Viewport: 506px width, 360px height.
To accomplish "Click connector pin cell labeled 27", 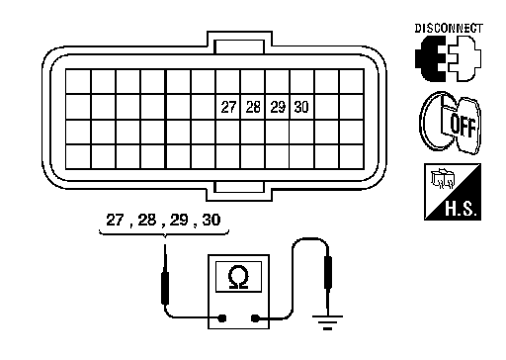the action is click(x=228, y=107).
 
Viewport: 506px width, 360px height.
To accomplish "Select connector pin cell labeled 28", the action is click(x=253, y=107).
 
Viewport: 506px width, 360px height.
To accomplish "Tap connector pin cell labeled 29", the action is click(x=278, y=107).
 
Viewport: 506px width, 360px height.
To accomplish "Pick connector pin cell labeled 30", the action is click(x=302, y=107).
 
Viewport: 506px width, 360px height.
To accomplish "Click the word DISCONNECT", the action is click(x=449, y=29).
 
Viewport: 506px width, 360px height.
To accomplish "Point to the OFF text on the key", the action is click(x=463, y=126).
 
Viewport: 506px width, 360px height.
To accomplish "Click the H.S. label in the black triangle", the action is click(x=461, y=209).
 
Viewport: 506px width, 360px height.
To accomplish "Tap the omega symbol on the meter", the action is click(x=238, y=277).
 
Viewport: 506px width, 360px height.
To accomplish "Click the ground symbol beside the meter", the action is click(x=327, y=322).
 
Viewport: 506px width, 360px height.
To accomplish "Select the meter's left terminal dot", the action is click(x=222, y=318).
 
